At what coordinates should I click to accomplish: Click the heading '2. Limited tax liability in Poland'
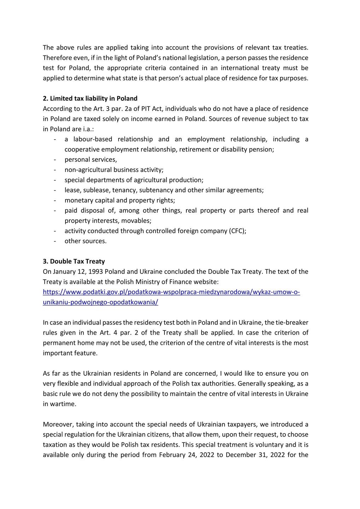click(x=90, y=99)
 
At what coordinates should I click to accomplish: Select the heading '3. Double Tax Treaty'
click(x=74, y=262)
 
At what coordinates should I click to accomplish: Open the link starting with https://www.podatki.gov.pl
click(x=171, y=292)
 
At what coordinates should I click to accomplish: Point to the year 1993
click(x=95, y=272)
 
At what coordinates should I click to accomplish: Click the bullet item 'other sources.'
click(x=85, y=241)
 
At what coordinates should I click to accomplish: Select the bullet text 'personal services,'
click(x=91, y=160)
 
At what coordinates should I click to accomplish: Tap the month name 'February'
click(x=174, y=455)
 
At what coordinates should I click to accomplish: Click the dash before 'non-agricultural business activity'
click(x=55, y=170)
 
